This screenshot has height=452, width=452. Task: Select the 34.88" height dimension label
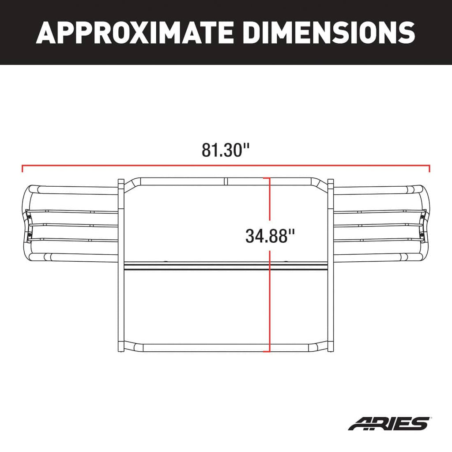pos(270,236)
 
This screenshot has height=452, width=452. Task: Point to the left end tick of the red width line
pos(22,168)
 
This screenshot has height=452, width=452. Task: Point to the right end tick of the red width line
pos(429,168)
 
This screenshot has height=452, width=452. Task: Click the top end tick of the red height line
pos(266,178)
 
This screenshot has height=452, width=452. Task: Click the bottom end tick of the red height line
pos(266,352)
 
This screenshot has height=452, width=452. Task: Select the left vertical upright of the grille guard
pos(121,265)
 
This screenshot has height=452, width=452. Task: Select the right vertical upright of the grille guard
pos(331,265)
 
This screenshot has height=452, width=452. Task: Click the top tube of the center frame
pos(199,181)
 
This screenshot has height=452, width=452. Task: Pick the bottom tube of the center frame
pos(199,347)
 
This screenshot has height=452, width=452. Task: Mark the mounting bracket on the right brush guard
pos(423,225)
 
